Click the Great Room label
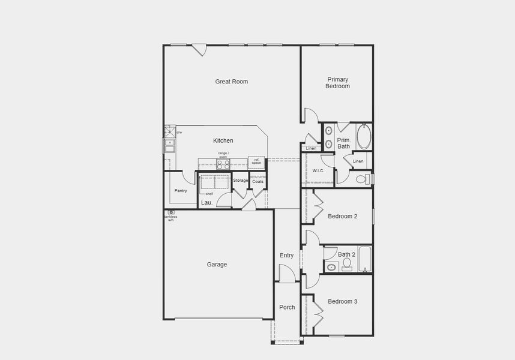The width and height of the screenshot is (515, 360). [x=232, y=82]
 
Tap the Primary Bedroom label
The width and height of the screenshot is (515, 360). [x=338, y=83]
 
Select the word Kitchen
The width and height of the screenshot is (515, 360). [x=223, y=141]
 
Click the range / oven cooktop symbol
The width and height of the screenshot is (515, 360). [x=223, y=163]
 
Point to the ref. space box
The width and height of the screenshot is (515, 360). [x=256, y=162]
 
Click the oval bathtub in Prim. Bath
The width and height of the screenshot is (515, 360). [x=364, y=137]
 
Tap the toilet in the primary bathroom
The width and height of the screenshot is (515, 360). [x=363, y=179]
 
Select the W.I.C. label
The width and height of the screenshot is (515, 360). [x=318, y=171]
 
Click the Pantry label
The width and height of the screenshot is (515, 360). [x=181, y=191]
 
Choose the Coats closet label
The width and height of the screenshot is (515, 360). [x=257, y=181]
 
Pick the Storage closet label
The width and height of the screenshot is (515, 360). [x=241, y=181]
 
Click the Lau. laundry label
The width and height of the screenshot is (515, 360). [x=207, y=203]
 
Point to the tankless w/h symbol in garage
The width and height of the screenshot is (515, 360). [x=171, y=212]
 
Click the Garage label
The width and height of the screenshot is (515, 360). [x=217, y=265]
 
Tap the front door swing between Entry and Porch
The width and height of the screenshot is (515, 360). [x=287, y=274]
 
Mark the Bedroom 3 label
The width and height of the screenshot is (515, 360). [x=343, y=301]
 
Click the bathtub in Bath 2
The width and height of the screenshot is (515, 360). [x=365, y=259]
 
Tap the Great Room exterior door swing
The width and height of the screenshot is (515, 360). [x=200, y=50]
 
